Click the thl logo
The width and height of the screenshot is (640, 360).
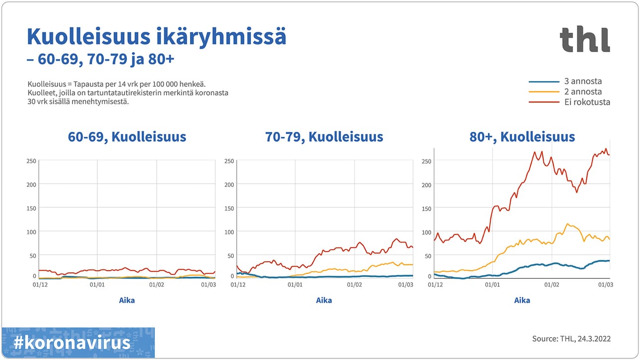coord(584,39)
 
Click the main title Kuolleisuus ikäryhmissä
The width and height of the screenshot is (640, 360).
coord(156,37)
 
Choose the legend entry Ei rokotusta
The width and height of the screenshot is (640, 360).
coord(587,102)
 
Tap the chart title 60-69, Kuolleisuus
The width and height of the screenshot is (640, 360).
coord(127,137)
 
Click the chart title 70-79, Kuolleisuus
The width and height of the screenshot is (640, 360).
coord(324,137)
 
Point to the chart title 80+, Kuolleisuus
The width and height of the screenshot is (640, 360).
coord(522,137)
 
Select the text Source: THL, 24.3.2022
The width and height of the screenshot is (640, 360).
coord(571,339)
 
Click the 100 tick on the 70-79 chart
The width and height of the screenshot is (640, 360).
coord(229,232)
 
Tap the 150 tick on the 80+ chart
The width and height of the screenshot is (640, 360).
coord(426,208)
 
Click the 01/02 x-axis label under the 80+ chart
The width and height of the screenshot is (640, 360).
coord(552,285)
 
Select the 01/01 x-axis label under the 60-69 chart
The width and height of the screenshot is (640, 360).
coord(97,285)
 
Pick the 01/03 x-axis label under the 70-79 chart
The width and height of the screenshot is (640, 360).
coord(406,285)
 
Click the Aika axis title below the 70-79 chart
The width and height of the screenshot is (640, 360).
coord(324,300)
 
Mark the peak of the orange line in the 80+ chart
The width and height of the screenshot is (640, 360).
coord(567,224)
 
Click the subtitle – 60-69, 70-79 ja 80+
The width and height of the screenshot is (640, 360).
coord(100,59)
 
